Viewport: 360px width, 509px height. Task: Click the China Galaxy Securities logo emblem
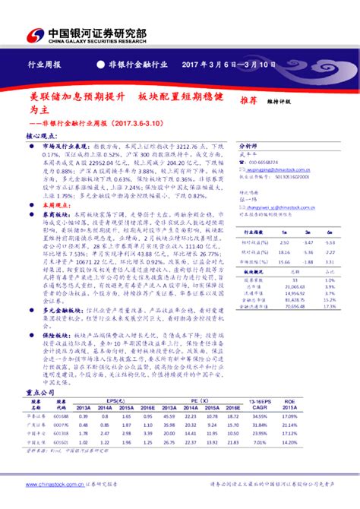point(34,34)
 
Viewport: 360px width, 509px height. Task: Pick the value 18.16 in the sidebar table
point(284,251)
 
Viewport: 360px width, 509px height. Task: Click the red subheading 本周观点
point(55,183)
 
